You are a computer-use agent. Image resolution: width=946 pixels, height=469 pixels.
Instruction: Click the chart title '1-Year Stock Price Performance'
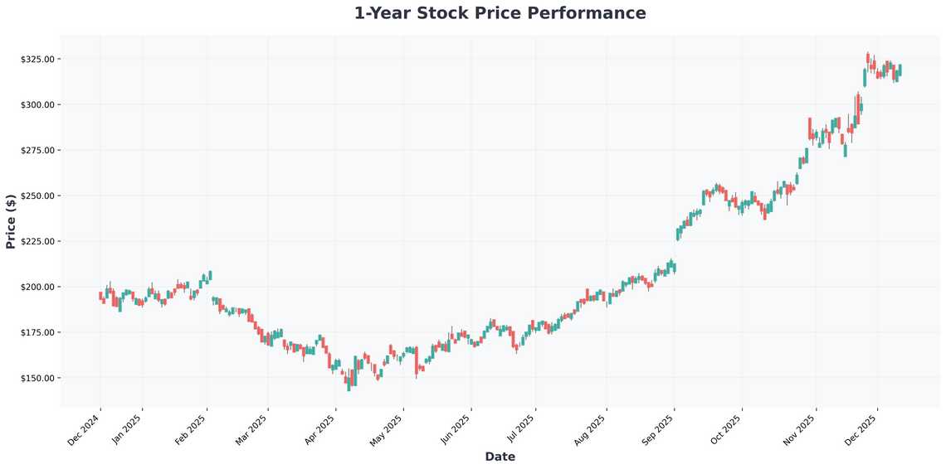point(500,13)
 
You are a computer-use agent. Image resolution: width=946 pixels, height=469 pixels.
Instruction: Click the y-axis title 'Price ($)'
point(11,221)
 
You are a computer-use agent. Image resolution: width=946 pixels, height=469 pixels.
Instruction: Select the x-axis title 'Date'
point(500,457)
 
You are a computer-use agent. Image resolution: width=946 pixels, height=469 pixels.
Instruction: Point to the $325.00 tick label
point(38,60)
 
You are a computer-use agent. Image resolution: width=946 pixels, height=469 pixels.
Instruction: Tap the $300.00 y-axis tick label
point(38,105)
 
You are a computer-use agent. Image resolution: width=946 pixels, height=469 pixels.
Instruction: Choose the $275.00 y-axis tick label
point(38,151)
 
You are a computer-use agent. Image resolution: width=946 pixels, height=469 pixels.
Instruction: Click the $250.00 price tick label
point(38,196)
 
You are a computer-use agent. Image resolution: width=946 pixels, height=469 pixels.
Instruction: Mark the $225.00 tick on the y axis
point(38,242)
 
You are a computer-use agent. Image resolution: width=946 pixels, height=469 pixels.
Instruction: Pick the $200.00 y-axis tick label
point(38,288)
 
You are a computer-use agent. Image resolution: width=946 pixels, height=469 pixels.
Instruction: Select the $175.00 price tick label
point(38,333)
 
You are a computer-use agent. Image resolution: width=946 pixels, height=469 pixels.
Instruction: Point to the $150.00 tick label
point(38,379)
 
